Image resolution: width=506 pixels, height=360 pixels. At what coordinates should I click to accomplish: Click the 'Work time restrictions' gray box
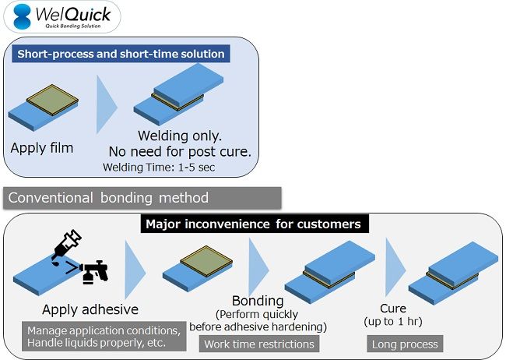pyautogui.click(x=258, y=344)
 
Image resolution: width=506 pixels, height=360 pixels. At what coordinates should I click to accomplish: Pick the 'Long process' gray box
pyautogui.click(x=406, y=344)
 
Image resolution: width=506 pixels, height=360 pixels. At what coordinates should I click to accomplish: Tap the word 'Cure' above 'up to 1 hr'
pyautogui.click(x=393, y=308)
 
